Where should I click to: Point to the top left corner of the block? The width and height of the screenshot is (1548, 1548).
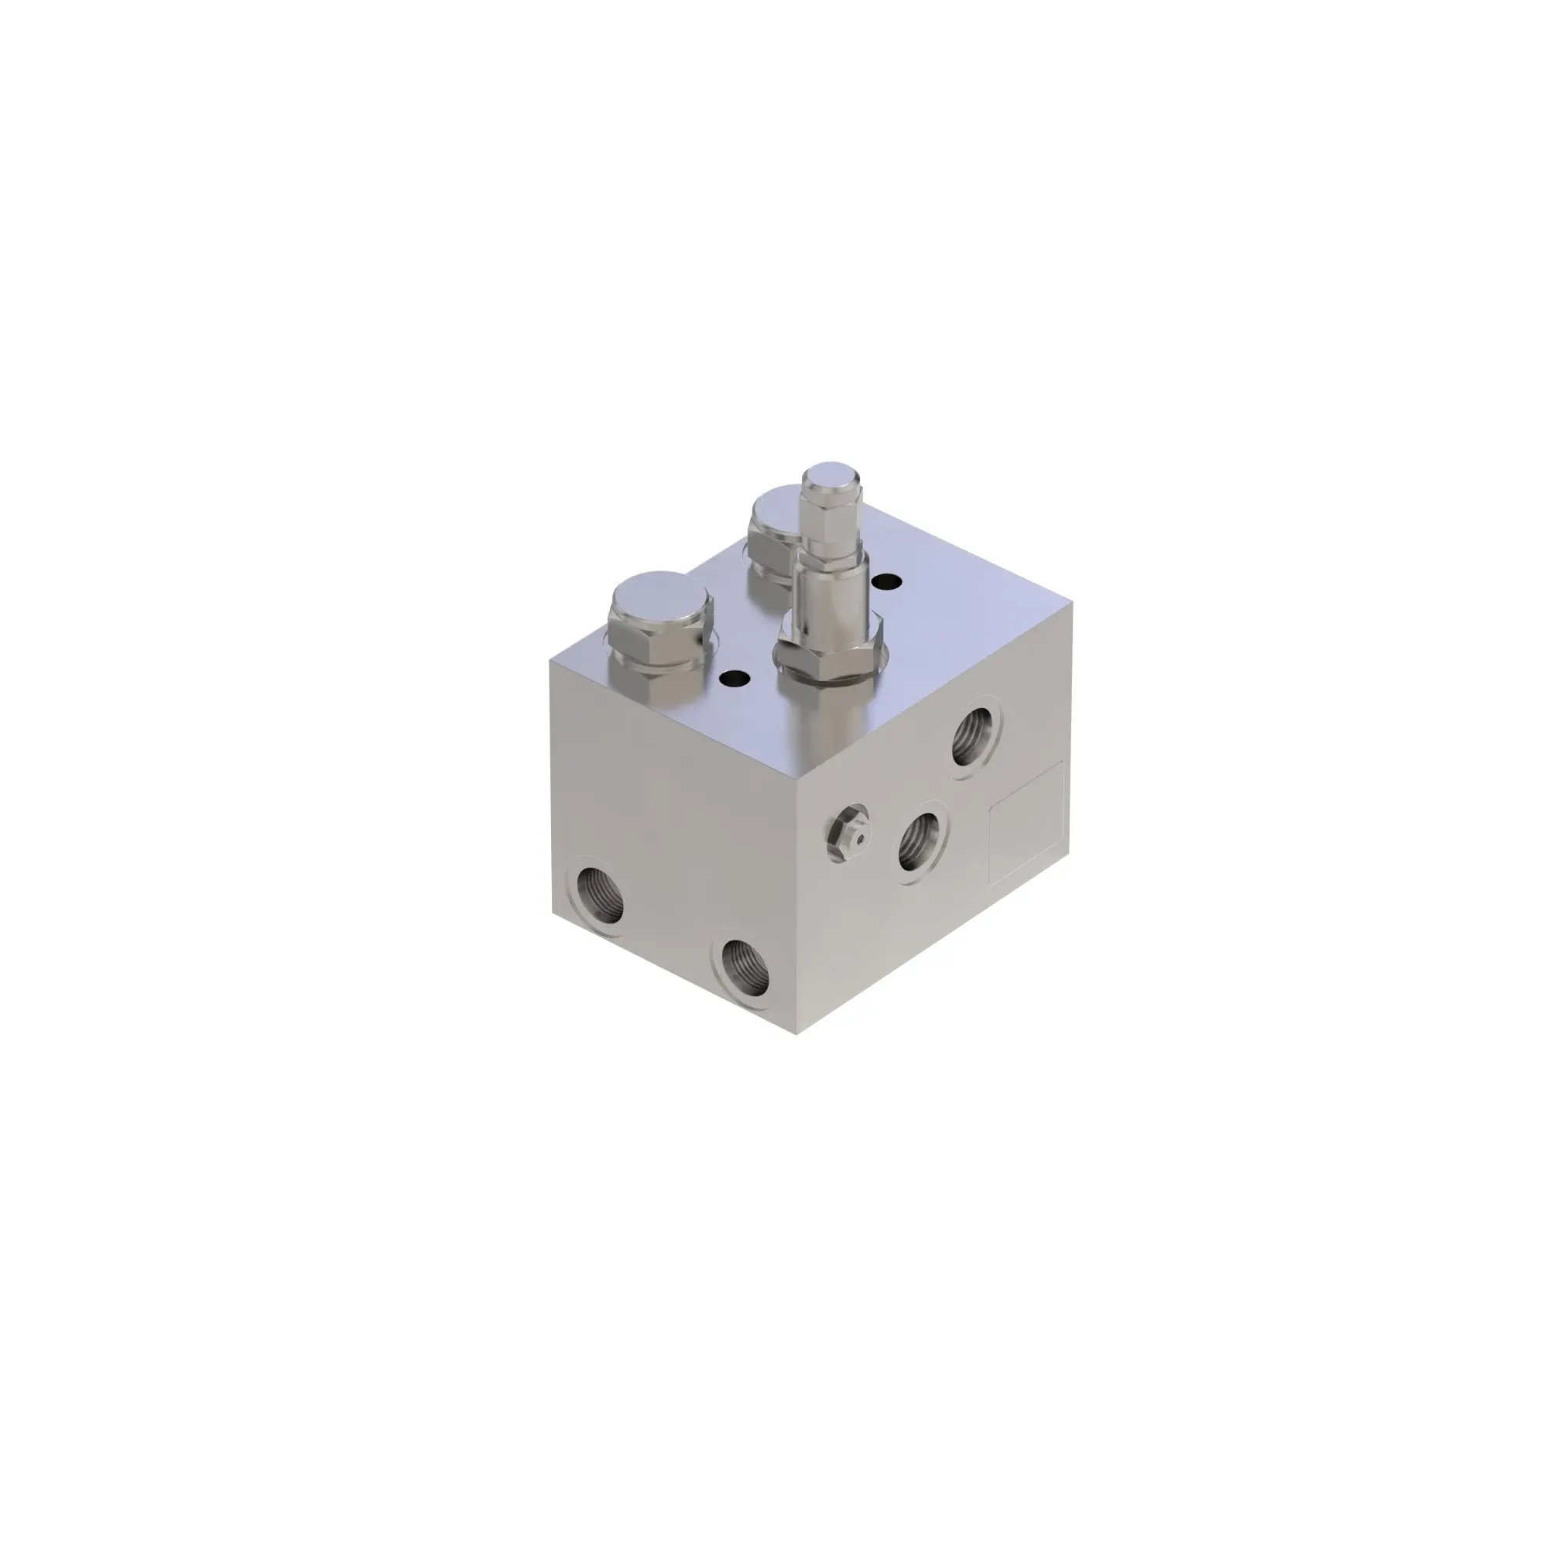(550, 658)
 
